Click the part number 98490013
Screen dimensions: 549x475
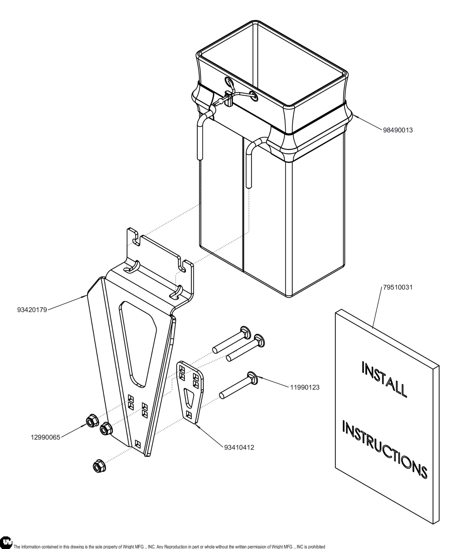click(398, 130)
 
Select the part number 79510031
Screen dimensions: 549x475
click(398, 287)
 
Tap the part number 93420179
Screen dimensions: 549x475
click(32, 310)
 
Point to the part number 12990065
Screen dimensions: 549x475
click(45, 437)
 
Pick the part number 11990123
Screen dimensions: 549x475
click(305, 387)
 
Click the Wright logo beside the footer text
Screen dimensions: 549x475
click(6, 542)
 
